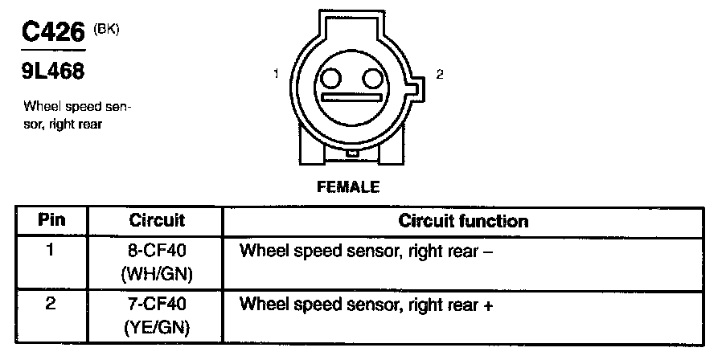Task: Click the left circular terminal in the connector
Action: coord(330,79)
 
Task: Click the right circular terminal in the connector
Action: coord(371,79)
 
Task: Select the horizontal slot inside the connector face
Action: coord(351,99)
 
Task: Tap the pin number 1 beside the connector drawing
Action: coord(276,75)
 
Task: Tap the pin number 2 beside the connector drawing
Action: coord(439,75)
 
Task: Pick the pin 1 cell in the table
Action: coord(51,250)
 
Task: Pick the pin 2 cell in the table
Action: coord(51,305)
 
